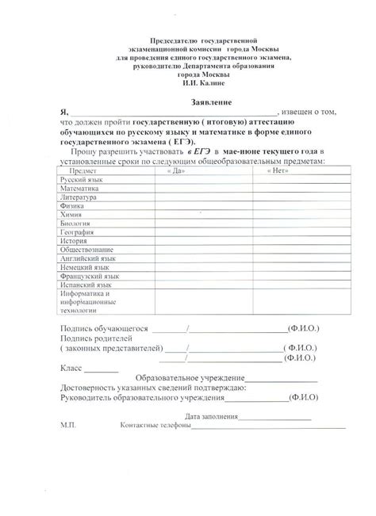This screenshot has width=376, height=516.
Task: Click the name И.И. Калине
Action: tap(203, 82)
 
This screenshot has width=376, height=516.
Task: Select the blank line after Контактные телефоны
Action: tap(270, 426)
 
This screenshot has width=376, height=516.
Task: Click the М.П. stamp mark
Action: tap(67, 426)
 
